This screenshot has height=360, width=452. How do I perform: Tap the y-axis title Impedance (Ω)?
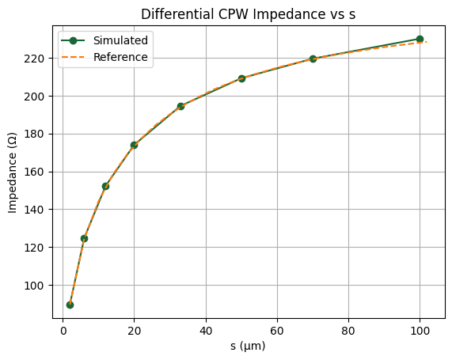pyautogui.click(x=13, y=171)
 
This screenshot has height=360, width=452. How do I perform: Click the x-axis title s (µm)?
pyautogui.click(x=248, y=346)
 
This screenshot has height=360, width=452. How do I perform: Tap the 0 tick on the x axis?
pyautogui.click(x=63, y=331)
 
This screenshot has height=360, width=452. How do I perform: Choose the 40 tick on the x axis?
pyautogui.click(x=206, y=331)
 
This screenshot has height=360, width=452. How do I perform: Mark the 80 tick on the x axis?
pyautogui.click(x=348, y=331)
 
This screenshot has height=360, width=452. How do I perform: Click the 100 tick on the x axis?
pyautogui.click(x=420, y=331)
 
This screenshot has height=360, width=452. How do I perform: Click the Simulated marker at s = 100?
pyautogui.click(x=420, y=39)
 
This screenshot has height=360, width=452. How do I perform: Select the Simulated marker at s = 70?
pyautogui.click(x=313, y=59)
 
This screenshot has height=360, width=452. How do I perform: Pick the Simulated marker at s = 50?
pyautogui.click(x=241, y=78)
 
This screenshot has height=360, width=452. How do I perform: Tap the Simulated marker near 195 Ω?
pyautogui.click(x=180, y=106)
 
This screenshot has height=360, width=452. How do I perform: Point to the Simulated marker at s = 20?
pyautogui.click(x=135, y=145)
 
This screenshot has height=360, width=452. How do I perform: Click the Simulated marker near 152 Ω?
pyautogui.click(x=105, y=186)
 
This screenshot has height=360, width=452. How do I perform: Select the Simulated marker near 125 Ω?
pyautogui.click(x=84, y=238)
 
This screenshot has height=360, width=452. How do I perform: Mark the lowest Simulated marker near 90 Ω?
pyautogui.click(x=70, y=305)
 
